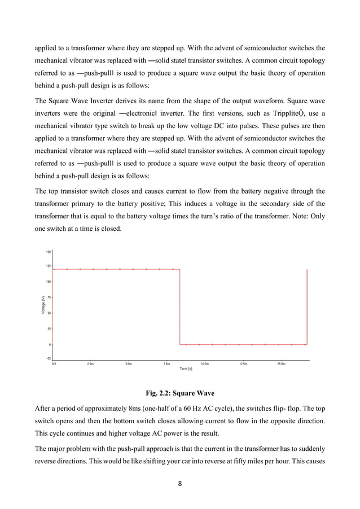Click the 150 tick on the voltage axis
click(x=49, y=252)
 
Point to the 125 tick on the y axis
click(x=49, y=266)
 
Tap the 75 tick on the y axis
click(x=49, y=297)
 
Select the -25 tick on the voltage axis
click(x=49, y=358)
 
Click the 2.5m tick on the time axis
click(x=90, y=364)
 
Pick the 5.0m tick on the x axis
click(x=129, y=364)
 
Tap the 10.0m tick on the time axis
click(x=205, y=364)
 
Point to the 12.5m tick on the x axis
click(x=243, y=364)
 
